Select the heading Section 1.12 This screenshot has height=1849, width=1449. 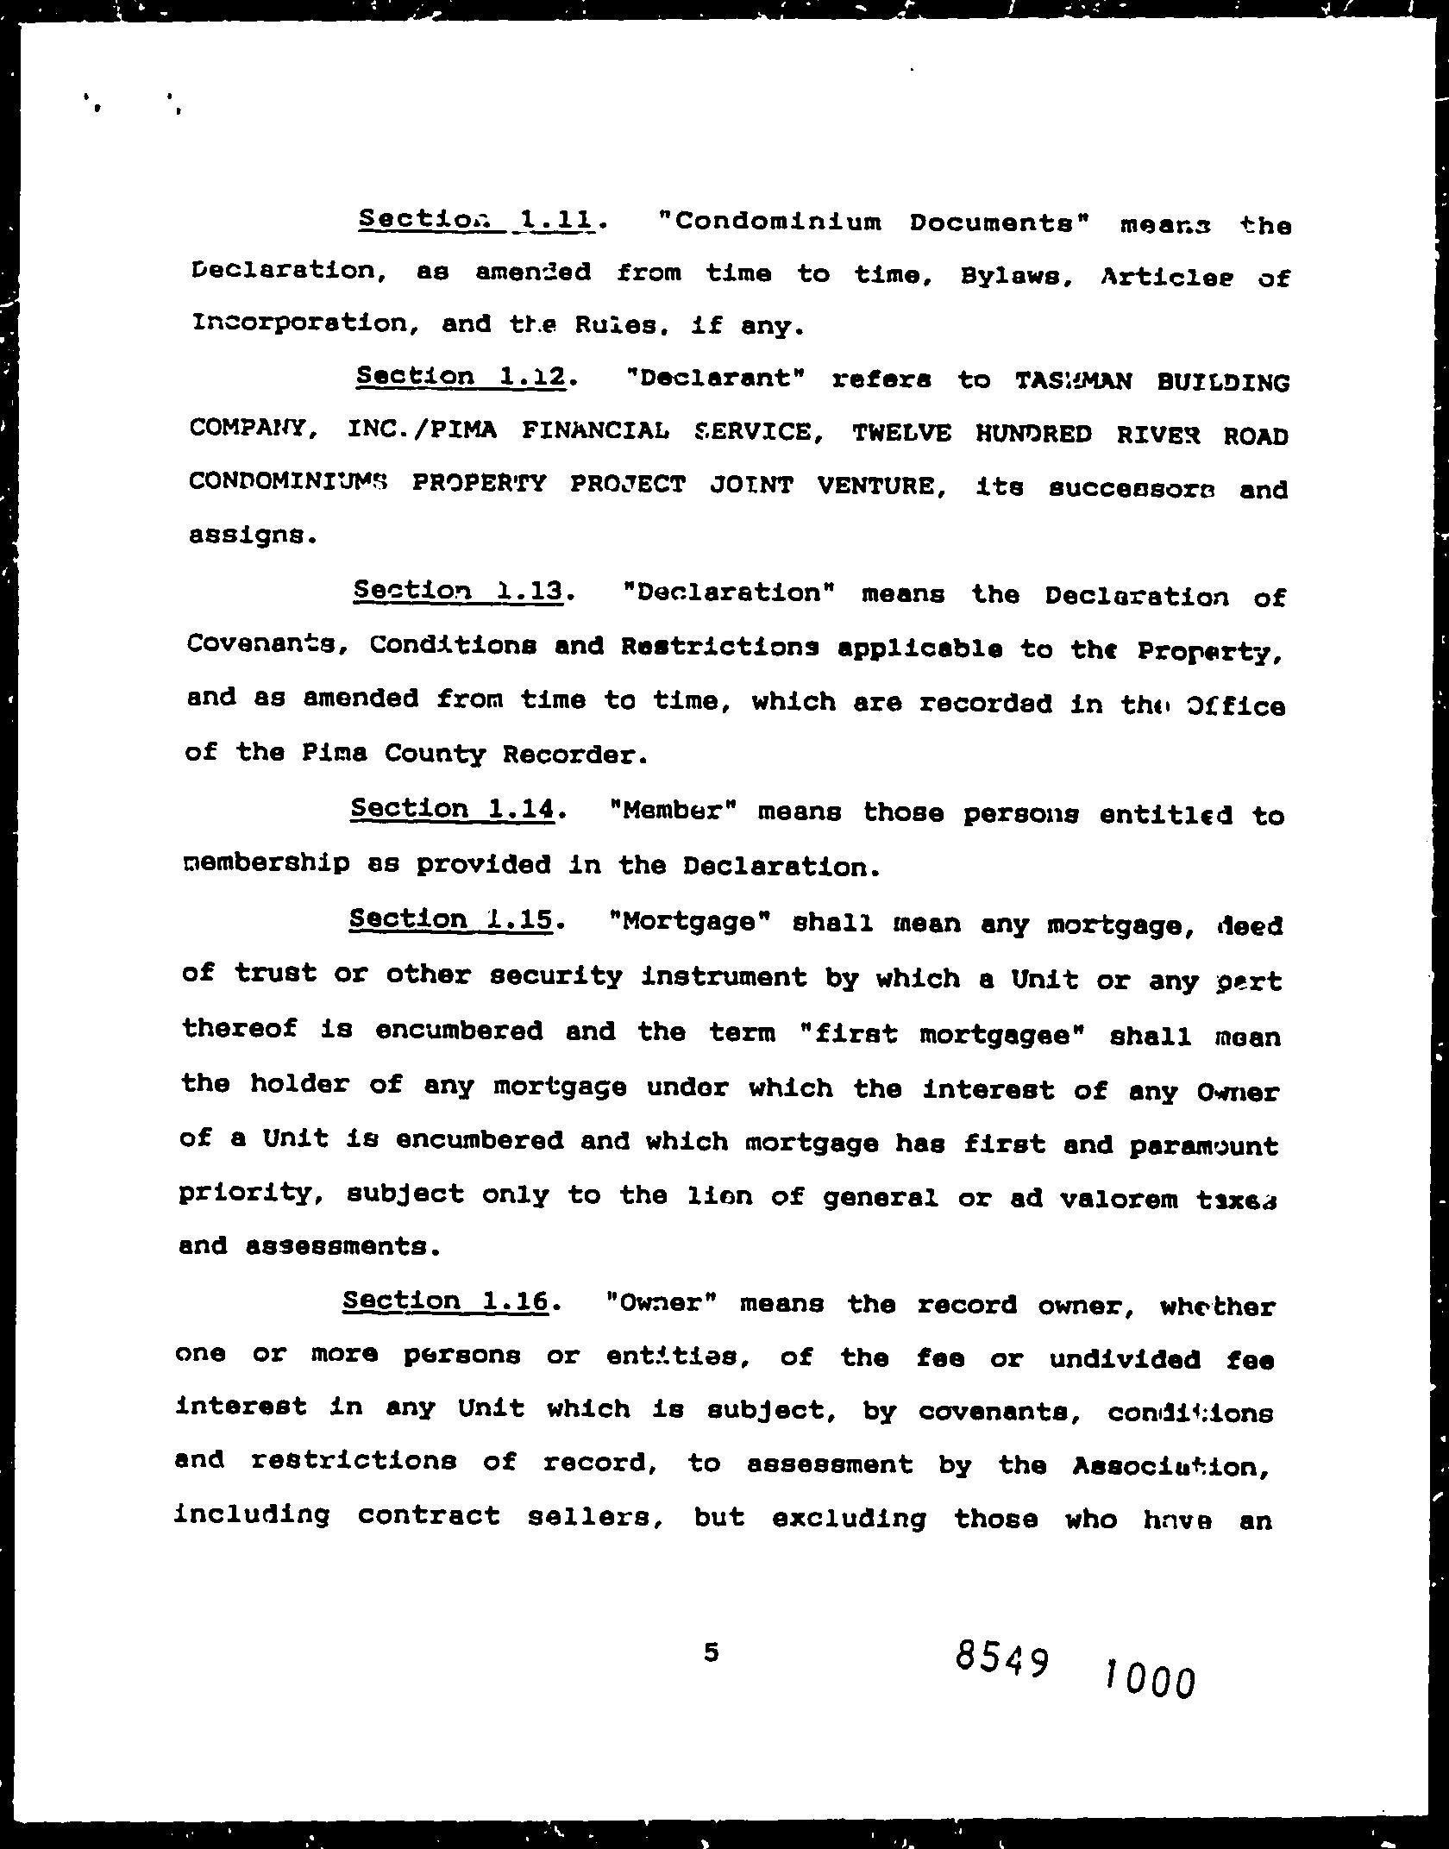(x=462, y=377)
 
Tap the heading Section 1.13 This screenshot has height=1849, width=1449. (x=459, y=592)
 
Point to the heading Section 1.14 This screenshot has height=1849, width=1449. (x=455, y=809)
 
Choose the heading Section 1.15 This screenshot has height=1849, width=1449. (x=451, y=919)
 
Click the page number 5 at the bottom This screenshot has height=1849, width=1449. (x=711, y=1652)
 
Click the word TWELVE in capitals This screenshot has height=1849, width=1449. (x=901, y=434)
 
